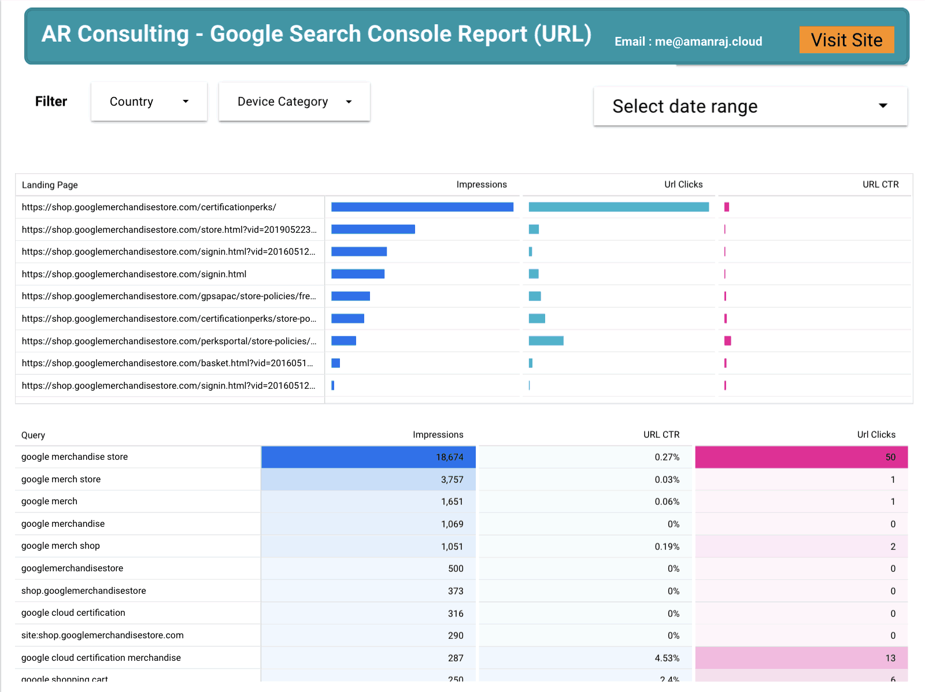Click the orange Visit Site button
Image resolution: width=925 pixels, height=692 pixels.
coord(846,40)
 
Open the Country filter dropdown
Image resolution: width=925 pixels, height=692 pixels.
coord(149,102)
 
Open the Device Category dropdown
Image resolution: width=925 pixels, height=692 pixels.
coord(294,102)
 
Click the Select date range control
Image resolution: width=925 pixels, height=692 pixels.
coord(750,106)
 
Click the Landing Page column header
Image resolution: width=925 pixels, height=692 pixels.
coord(50,185)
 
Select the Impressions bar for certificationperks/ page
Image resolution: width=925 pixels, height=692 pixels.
coord(422,207)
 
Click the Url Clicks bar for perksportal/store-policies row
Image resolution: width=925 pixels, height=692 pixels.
coord(546,341)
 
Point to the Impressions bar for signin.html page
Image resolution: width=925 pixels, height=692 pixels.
coord(358,274)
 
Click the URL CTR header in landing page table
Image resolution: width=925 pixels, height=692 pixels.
coord(880,184)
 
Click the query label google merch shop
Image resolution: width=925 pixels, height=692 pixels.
coord(61,546)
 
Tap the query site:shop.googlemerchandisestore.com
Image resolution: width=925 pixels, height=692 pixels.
coord(102,635)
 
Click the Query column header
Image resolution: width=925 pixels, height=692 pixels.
coord(33,435)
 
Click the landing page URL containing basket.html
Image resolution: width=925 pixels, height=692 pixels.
coord(167,363)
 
